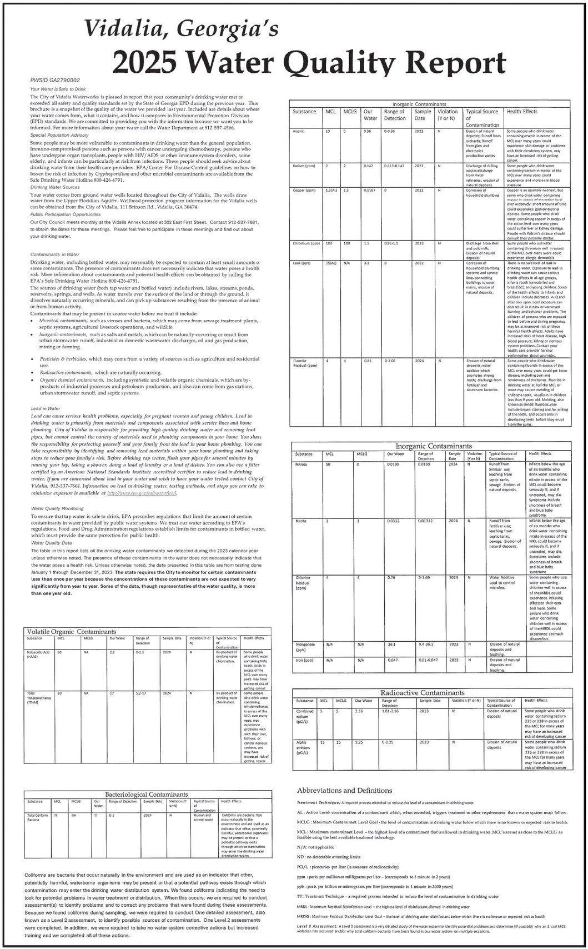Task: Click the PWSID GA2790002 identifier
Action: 55,81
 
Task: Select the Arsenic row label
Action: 298,131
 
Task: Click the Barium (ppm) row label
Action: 304,166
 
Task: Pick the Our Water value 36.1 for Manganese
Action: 391,645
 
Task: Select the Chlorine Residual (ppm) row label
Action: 303,582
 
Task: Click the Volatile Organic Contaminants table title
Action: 72,632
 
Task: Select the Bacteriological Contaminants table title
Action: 147,795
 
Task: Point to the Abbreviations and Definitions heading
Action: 344,790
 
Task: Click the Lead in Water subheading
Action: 46,408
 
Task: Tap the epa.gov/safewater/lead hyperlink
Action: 142,493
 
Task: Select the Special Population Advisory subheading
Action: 59,135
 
